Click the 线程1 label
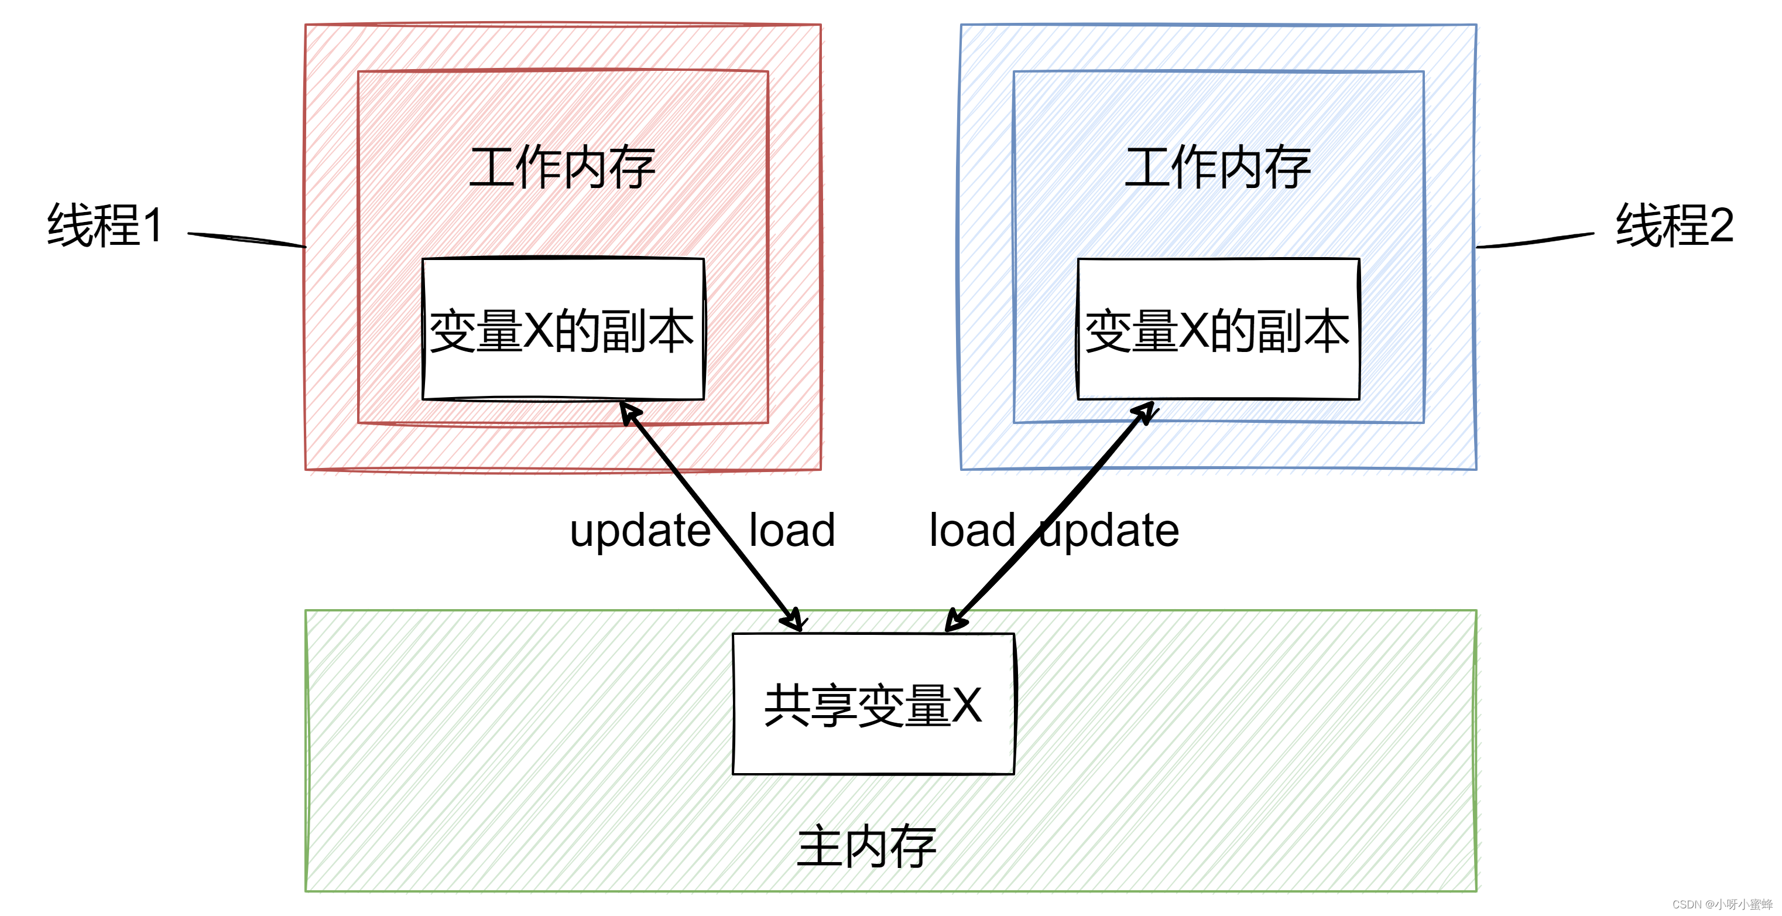click(x=105, y=225)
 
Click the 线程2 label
click(x=1674, y=225)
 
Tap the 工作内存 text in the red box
click(x=563, y=168)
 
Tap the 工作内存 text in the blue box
click(x=1218, y=168)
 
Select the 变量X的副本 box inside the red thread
click(x=563, y=330)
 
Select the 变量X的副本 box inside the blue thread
click(x=1218, y=330)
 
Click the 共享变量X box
click(x=873, y=705)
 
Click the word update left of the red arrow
click(x=640, y=531)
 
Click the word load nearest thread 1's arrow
click(x=792, y=531)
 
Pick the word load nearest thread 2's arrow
click(x=972, y=531)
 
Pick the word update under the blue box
click(x=1111, y=531)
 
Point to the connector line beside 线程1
click(x=246, y=240)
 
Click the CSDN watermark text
click(x=1722, y=904)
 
